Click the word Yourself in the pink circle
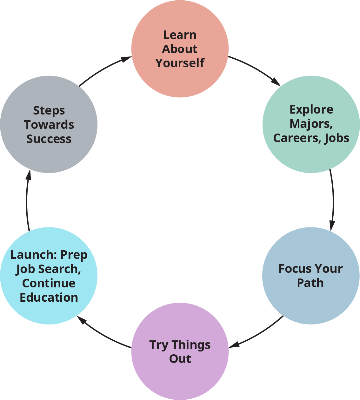click(x=180, y=63)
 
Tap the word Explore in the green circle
click(x=311, y=109)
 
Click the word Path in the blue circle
click(x=310, y=283)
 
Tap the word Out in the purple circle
click(x=180, y=359)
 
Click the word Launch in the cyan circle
click(x=32, y=255)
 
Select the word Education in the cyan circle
click(x=49, y=298)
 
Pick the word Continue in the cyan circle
click(x=49, y=283)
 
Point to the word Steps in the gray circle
click(x=49, y=111)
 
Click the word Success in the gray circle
click(x=49, y=139)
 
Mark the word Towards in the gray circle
click(x=49, y=125)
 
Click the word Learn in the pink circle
click(x=180, y=35)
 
